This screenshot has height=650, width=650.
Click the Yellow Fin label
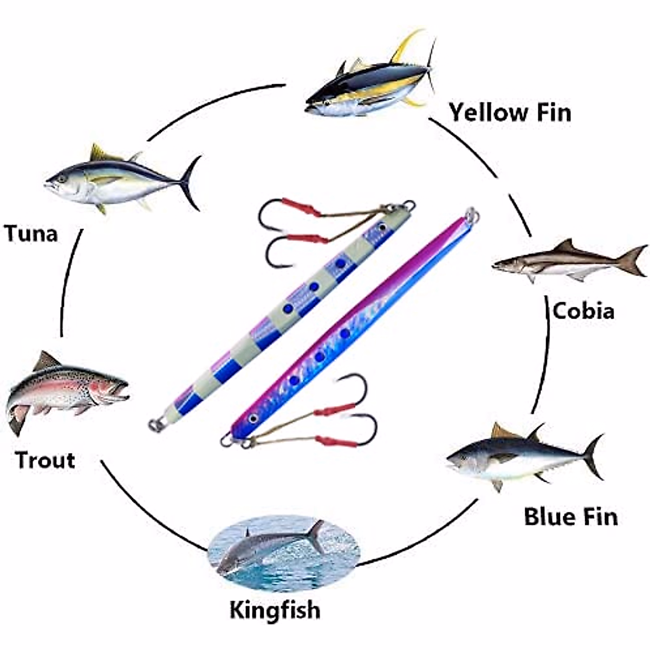pos(510,113)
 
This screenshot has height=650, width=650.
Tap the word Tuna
pos(31,234)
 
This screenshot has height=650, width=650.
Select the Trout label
pos(45,460)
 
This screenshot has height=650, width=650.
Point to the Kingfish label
pos(275,610)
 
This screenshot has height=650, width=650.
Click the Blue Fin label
pos(570,516)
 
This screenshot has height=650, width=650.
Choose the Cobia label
pos(583,311)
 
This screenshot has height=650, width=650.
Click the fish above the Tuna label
pos(119,179)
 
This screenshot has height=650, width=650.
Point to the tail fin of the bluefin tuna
pos(594,455)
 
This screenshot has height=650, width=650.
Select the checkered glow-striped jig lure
pos(282,314)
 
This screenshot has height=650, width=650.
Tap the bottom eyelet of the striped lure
pos(155,425)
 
